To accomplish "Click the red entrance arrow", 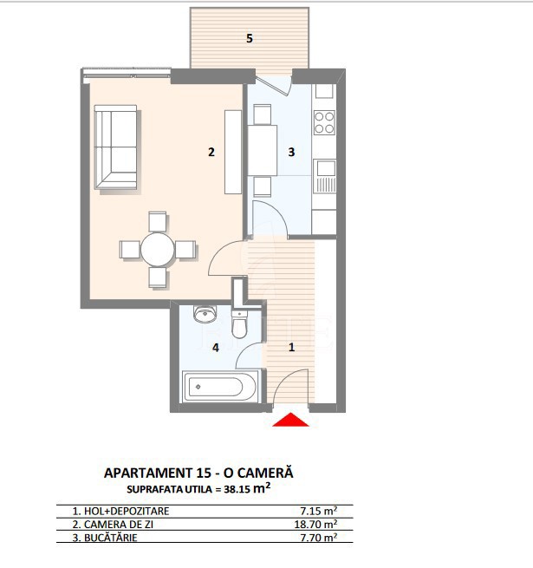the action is tap(290, 420).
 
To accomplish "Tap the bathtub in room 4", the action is tap(220, 386).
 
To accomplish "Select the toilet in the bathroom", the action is tap(239, 323).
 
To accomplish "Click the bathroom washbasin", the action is tap(205, 314).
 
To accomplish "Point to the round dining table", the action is tap(158, 250).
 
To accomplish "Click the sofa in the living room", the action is tap(115, 147).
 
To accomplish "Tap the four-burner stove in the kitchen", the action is tap(324, 122).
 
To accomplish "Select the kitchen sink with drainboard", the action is tap(324, 176).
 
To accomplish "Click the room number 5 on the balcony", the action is tap(249, 38).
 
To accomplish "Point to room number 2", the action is tap(211, 152).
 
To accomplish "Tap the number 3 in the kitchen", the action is tap(291, 152).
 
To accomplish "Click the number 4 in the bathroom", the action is tap(216, 348).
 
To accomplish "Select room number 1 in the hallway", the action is tap(291, 348).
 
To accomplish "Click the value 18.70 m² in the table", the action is tap(315, 524).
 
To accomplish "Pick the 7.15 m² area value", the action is tap(319, 511).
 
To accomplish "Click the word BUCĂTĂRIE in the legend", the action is tap(111, 538).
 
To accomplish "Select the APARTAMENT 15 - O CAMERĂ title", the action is tap(198, 473).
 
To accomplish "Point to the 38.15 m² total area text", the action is tap(247, 489).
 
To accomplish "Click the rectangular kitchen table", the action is tap(262, 150).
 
